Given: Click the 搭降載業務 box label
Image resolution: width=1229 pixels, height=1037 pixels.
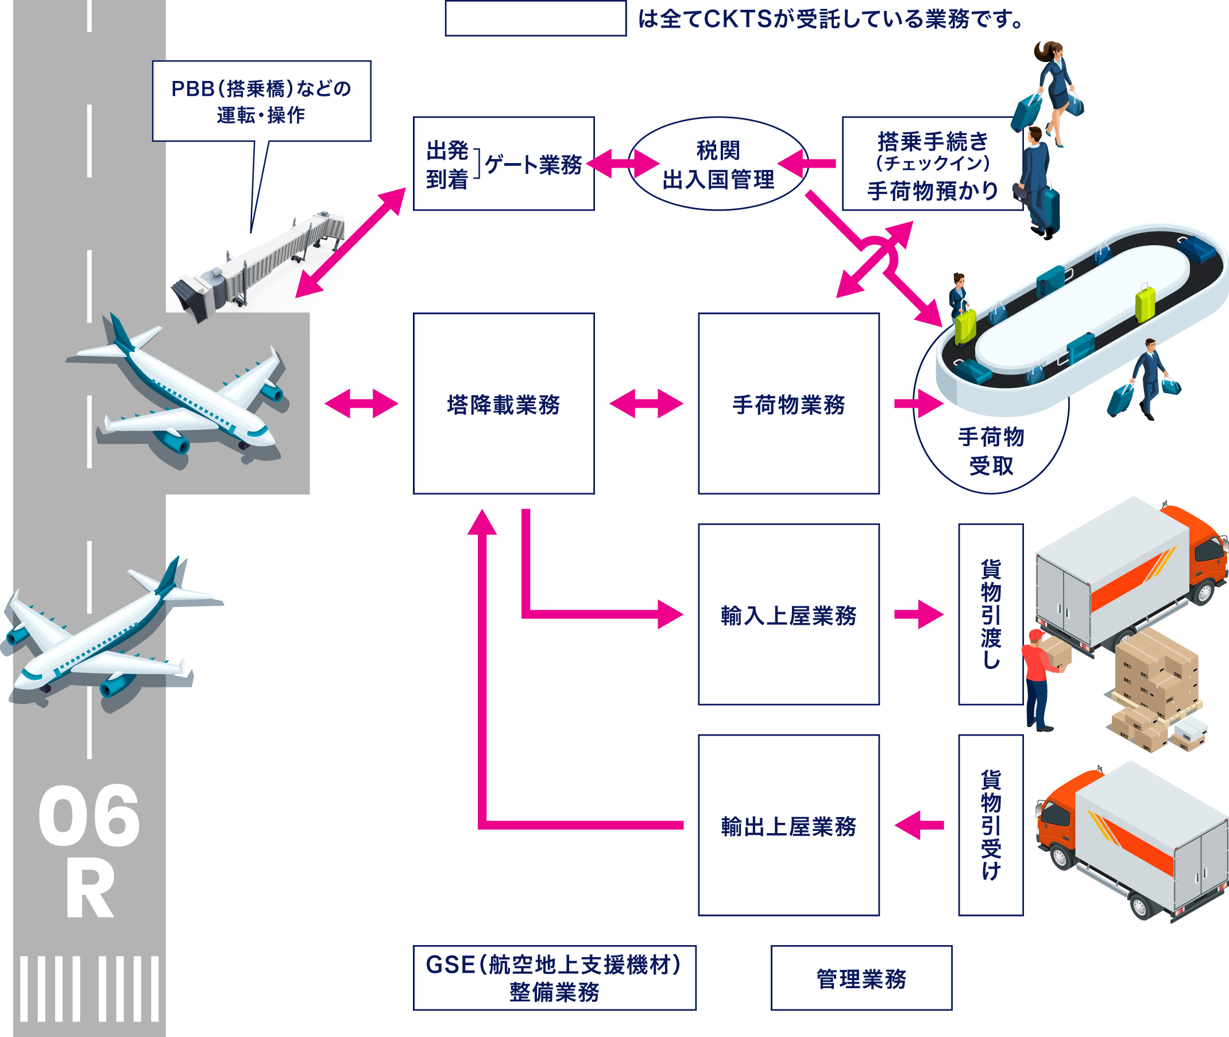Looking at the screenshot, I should (503, 405).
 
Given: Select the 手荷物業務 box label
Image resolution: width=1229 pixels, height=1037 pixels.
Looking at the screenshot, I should (788, 405).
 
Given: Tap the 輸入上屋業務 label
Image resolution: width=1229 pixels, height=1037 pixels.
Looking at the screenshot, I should (788, 616).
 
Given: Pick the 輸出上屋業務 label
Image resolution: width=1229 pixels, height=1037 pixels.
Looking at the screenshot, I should (788, 826).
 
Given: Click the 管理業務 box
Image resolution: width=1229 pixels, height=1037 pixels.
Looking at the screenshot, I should (861, 979).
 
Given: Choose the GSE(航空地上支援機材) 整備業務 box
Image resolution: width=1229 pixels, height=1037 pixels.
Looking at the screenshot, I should (554, 979).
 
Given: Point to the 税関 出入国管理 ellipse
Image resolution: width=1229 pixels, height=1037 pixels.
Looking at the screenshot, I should (718, 165).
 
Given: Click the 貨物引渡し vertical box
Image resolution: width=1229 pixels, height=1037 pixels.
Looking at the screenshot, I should (991, 614).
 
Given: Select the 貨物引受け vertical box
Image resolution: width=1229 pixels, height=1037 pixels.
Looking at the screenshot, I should (991, 825).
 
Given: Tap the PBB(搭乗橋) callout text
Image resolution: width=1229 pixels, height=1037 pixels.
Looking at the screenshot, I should (261, 101).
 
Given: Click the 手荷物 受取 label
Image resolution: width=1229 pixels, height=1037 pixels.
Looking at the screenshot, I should (991, 451).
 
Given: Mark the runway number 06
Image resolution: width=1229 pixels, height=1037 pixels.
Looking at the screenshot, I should (89, 817).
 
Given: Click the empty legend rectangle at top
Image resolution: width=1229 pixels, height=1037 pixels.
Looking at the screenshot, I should (535, 19).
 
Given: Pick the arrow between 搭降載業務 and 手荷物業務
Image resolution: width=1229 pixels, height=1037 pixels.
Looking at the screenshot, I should (646, 404).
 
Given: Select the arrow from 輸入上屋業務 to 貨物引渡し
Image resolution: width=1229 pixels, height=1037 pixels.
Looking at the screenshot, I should (918, 615).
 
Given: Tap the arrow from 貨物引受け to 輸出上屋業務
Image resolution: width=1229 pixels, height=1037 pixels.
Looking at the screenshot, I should (918, 825).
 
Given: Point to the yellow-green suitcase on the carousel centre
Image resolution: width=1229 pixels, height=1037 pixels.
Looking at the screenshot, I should (1145, 303).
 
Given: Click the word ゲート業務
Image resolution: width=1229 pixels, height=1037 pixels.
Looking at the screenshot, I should (533, 165).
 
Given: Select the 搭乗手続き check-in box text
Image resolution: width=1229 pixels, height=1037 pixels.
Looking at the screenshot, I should (933, 165).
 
